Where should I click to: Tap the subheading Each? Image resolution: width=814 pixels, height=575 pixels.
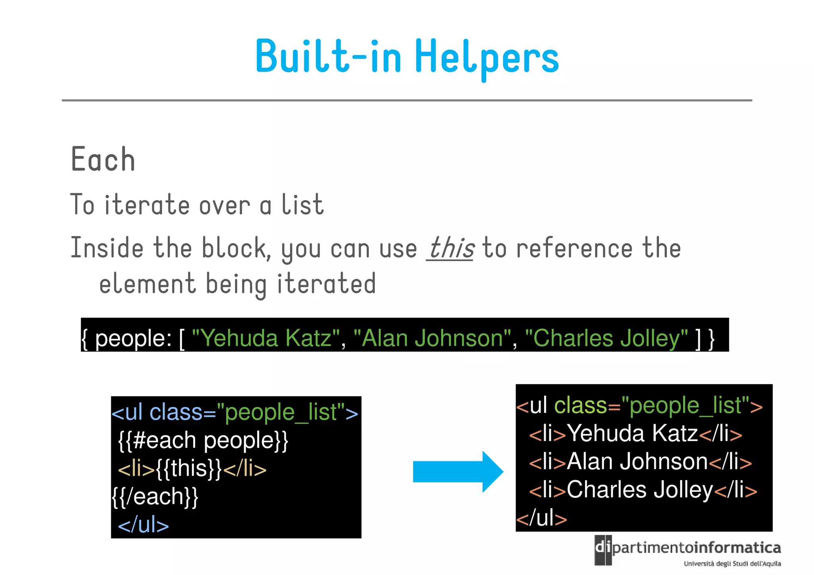click(x=103, y=160)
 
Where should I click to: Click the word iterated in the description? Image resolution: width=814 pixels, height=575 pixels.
click(x=326, y=284)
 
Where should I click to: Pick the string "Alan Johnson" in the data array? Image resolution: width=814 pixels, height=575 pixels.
click(x=432, y=339)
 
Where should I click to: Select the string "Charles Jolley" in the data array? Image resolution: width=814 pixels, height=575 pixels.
click(x=606, y=339)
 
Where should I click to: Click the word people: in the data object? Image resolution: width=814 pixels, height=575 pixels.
click(x=134, y=339)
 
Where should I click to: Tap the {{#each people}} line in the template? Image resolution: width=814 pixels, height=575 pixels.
click(x=203, y=440)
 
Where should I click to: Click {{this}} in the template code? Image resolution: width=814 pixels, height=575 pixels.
click(x=189, y=469)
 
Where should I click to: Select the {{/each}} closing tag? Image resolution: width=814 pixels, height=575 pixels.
click(x=155, y=497)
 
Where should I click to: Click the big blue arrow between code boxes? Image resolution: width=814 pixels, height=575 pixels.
click(x=457, y=472)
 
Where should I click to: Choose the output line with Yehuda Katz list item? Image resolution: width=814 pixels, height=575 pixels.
click(x=635, y=433)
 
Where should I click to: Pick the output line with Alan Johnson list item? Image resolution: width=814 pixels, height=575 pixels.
click(x=640, y=462)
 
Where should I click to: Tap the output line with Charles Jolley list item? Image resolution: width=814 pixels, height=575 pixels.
click(x=643, y=490)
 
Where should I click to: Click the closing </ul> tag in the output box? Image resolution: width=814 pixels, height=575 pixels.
click(x=542, y=518)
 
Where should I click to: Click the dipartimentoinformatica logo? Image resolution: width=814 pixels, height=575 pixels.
click(x=688, y=551)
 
